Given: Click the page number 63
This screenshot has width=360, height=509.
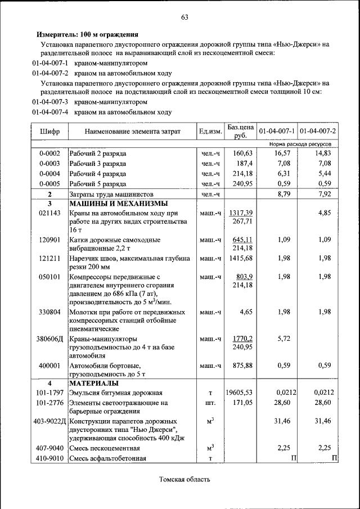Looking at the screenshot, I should click(x=184, y=17).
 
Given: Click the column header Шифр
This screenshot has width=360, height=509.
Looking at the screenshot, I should click(x=49, y=132).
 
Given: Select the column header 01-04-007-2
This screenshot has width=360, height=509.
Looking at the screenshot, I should click(x=318, y=132).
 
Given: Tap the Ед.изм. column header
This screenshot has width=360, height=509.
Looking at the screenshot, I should click(x=210, y=132).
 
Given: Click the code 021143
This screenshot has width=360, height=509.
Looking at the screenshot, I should click(x=49, y=213).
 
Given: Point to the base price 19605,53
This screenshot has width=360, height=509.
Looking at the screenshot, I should click(x=239, y=393).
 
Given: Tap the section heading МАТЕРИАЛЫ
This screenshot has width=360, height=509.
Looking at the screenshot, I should click(x=93, y=383).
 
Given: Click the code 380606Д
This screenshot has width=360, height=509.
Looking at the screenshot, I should click(x=49, y=339).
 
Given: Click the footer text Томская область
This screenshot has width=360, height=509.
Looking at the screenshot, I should click(x=184, y=480).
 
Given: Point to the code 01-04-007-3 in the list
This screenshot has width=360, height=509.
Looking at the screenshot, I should click(x=50, y=102).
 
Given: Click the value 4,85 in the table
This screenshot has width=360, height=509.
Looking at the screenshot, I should click(x=324, y=213).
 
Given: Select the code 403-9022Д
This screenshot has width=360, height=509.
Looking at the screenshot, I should click(x=49, y=421).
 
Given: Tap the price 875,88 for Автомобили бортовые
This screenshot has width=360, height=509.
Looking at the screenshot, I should click(x=240, y=366).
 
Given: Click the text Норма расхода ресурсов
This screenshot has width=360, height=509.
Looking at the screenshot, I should click(x=307, y=145).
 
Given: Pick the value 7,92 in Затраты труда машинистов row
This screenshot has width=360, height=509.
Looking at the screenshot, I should click(x=323, y=193).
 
